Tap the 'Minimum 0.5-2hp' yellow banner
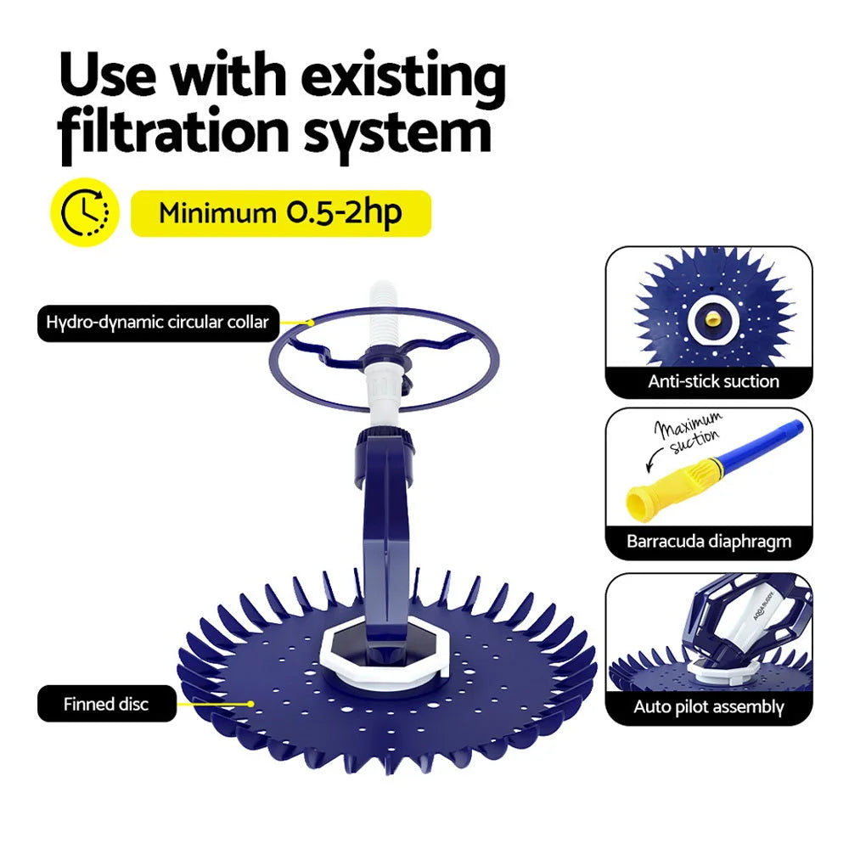point(280,213)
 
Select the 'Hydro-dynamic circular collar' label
point(158,323)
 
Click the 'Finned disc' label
point(106,704)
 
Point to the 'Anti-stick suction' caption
point(713,381)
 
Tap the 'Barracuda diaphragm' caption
point(709,541)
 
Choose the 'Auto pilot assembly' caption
point(709,706)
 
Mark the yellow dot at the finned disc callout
point(250,703)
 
